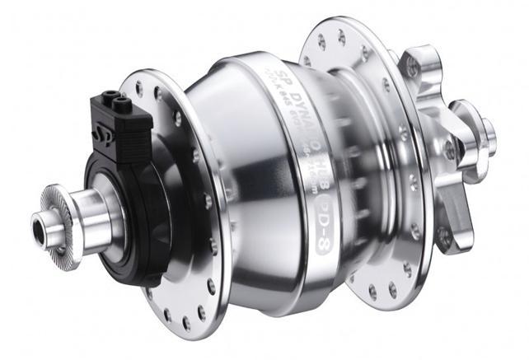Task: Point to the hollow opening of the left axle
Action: (37, 223)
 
